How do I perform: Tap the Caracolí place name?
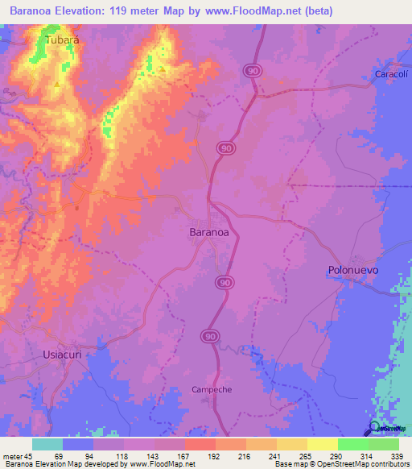[x=392, y=74]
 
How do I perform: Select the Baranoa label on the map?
[x=208, y=231]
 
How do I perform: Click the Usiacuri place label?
[x=62, y=355]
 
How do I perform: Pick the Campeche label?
[x=211, y=389]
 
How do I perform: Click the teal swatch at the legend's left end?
[x=47, y=444]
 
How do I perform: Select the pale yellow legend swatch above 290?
[x=322, y=444]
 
